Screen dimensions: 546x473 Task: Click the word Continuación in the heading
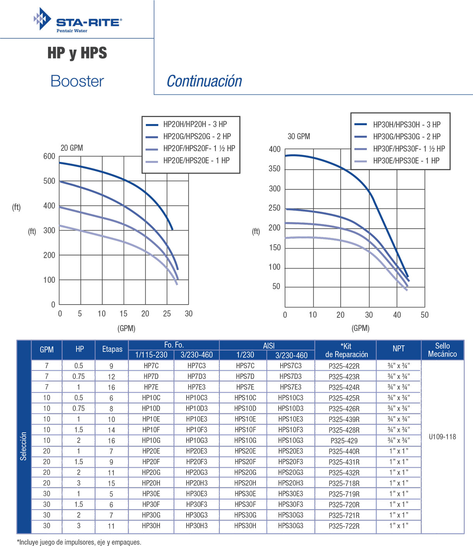[204, 81]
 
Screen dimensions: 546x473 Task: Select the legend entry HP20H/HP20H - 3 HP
[195, 124]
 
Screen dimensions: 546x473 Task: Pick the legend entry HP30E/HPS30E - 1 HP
[406, 161]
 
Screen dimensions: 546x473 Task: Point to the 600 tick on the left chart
[49, 157]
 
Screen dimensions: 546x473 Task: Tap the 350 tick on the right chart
[274, 169]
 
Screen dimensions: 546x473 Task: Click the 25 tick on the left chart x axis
[167, 314]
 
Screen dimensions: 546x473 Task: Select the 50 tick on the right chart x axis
[425, 315]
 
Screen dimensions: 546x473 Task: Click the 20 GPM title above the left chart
[72, 148]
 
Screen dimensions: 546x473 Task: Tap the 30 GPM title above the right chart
[299, 136]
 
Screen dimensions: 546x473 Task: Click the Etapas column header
[112, 349]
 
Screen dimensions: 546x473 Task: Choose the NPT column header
[399, 349]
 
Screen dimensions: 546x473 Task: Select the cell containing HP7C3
[197, 366]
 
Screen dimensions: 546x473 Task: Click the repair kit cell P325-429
[344, 441]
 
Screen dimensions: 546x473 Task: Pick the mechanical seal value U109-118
[442, 437]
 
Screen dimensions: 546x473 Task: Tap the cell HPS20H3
[291, 483]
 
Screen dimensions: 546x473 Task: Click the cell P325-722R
[344, 526]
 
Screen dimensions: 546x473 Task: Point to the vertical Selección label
[24, 446]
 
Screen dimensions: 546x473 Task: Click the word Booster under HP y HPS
[77, 81]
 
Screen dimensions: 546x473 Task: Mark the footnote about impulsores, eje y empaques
[79, 542]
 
